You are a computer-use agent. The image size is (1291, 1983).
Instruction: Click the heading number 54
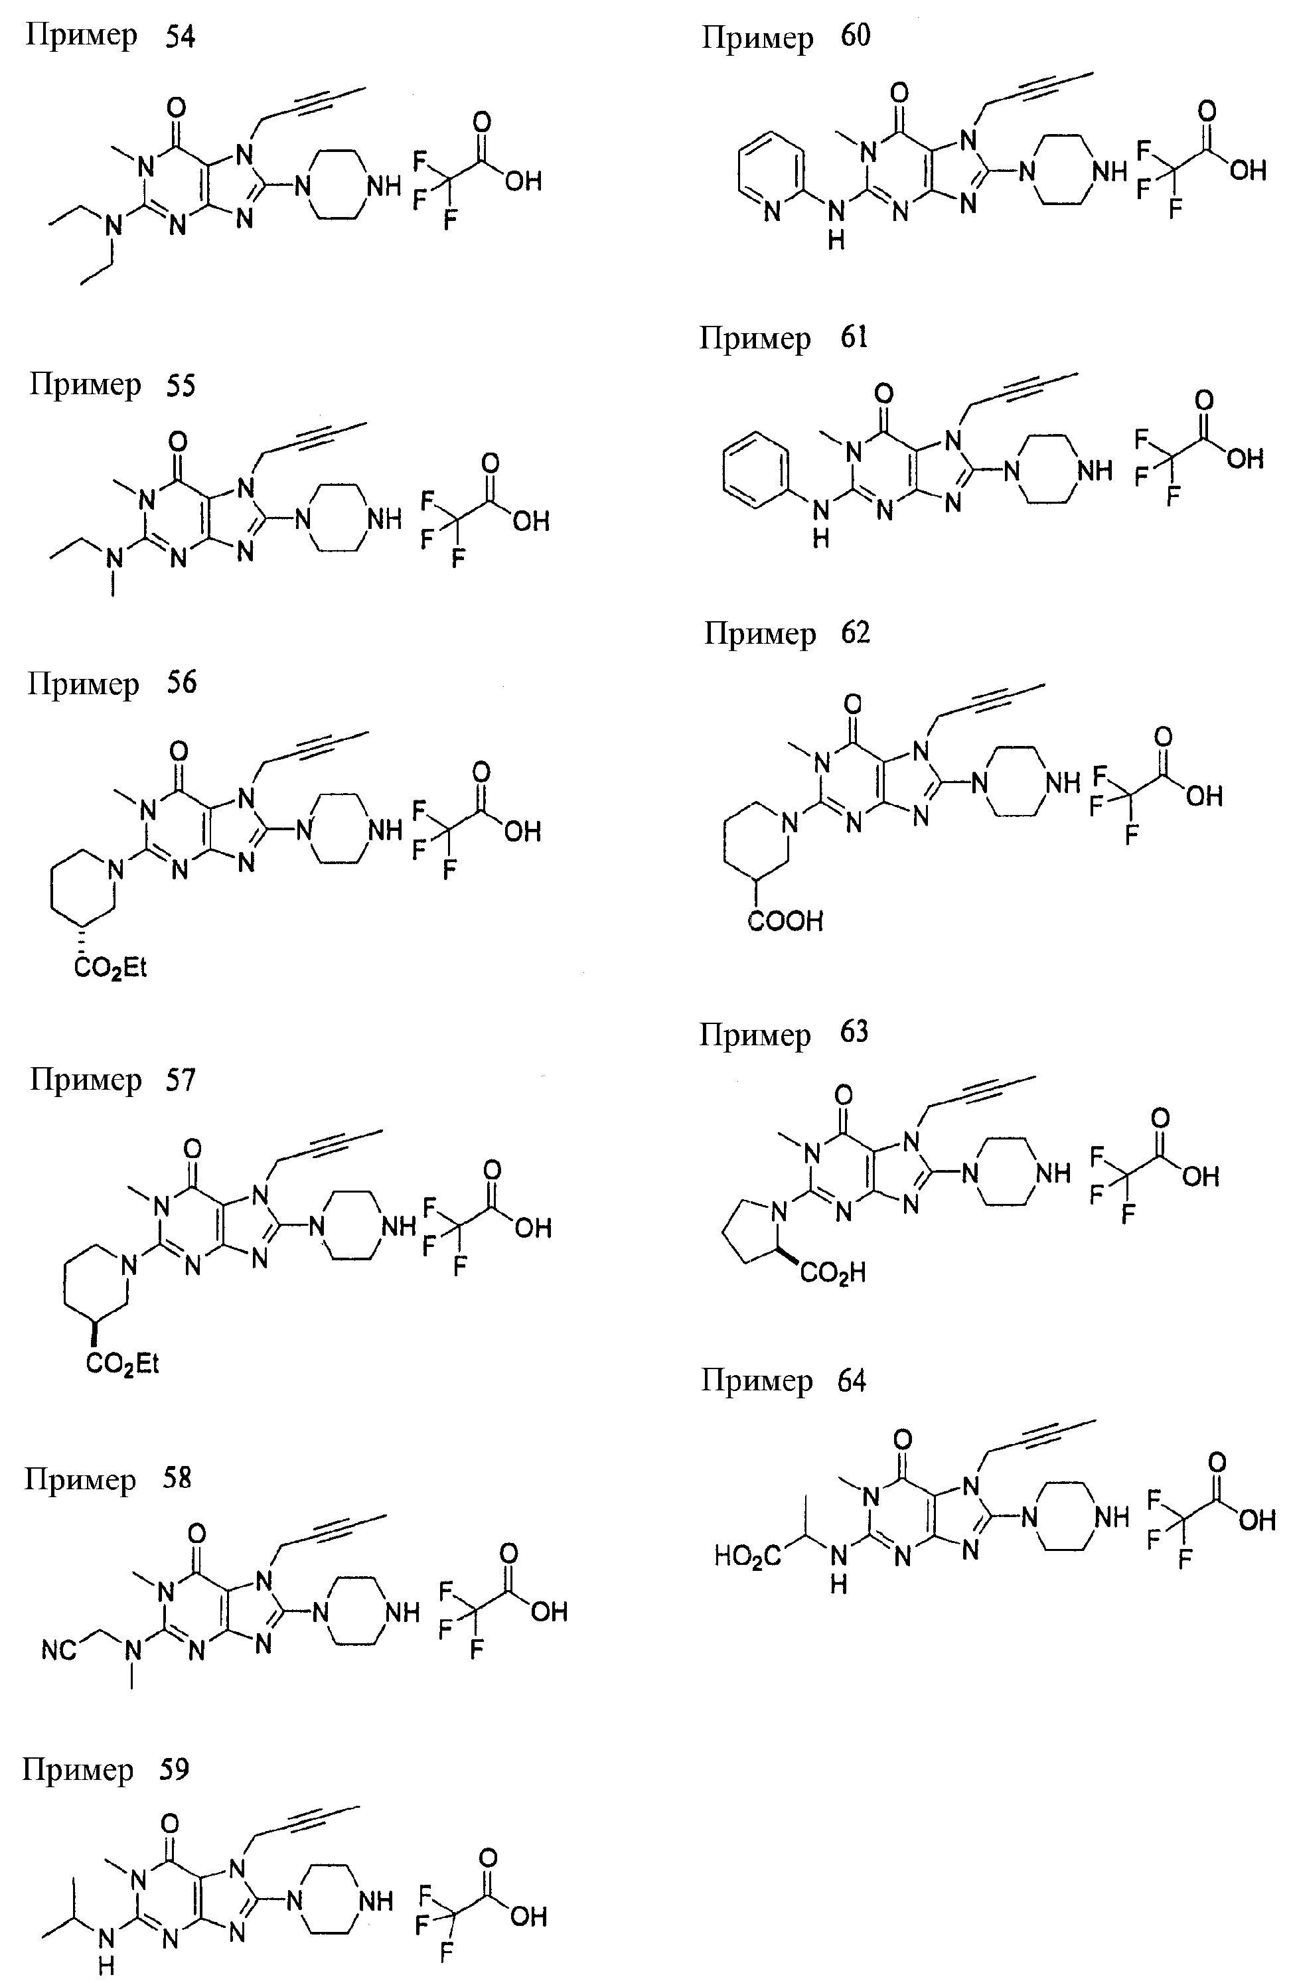[x=180, y=37]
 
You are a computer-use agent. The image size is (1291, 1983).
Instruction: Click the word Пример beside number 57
[x=86, y=1080]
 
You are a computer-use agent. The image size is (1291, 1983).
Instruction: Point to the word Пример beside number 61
[x=755, y=339]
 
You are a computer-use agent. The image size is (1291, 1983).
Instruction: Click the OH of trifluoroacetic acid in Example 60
[x=1248, y=171]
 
